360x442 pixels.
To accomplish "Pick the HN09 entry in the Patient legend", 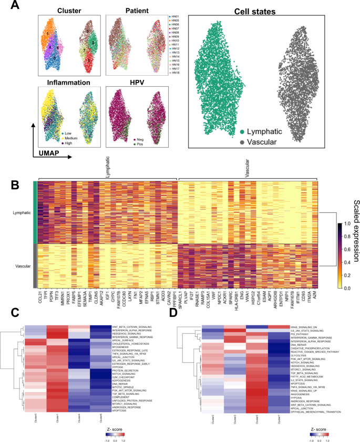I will click(176, 36).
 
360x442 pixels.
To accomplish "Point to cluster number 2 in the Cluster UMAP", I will click(55, 58).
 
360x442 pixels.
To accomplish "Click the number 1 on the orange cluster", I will click(47, 34).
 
